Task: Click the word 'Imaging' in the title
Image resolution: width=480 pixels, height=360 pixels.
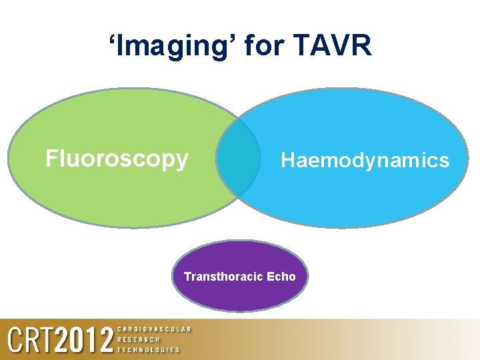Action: point(175,46)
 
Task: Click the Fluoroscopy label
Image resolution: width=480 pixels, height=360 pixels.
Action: point(117,159)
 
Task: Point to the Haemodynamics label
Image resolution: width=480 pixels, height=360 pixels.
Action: point(365,160)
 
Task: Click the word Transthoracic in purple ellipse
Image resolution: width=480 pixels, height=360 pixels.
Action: point(225,276)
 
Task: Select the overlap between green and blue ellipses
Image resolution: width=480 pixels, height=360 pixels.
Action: point(238,158)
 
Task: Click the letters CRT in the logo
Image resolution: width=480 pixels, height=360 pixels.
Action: point(31,341)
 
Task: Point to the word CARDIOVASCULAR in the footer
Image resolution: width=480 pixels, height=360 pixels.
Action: point(154,329)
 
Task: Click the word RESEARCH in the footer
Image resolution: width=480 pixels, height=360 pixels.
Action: point(139,339)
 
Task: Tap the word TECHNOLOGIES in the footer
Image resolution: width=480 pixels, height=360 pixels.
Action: point(148,349)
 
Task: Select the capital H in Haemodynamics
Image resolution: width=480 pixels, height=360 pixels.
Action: point(287,160)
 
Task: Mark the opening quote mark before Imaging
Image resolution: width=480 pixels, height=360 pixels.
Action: point(112,39)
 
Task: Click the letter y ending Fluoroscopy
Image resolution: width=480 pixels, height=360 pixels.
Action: point(183,161)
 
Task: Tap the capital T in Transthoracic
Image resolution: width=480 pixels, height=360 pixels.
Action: point(187,276)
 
